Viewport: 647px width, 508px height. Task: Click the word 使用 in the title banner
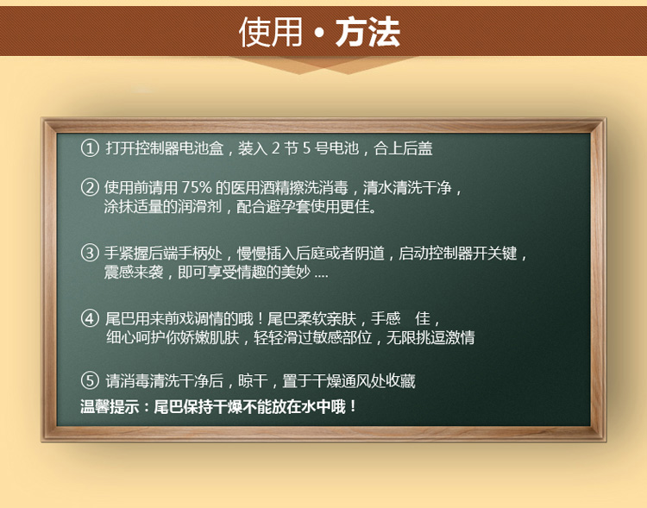point(271,32)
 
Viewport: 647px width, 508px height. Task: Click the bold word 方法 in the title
point(367,32)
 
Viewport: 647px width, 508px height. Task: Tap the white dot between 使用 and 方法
point(319,33)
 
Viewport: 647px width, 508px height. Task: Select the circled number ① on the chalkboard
point(90,148)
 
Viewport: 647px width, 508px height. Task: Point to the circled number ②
point(90,187)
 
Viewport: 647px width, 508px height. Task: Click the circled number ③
point(90,253)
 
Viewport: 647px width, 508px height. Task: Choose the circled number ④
point(90,318)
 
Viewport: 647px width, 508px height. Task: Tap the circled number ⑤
point(90,380)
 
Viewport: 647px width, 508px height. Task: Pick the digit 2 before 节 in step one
point(276,148)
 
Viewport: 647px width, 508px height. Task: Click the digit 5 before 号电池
point(306,148)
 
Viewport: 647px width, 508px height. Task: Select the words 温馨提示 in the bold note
point(110,407)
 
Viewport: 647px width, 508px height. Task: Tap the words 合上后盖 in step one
point(403,148)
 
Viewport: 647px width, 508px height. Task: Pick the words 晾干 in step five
point(253,380)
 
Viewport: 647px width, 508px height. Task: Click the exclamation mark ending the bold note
point(352,407)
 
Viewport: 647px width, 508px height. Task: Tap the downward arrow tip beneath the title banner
point(300,73)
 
